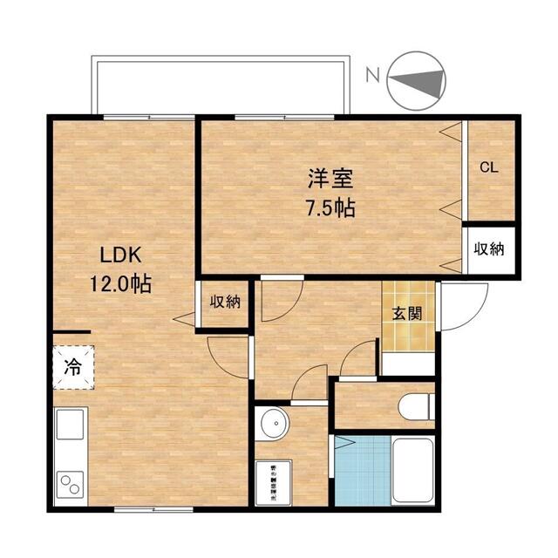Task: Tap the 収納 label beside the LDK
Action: click(x=225, y=303)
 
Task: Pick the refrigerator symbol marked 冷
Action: click(x=73, y=368)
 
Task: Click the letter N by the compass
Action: click(x=372, y=76)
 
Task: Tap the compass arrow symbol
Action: click(x=415, y=80)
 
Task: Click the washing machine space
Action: click(x=277, y=481)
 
